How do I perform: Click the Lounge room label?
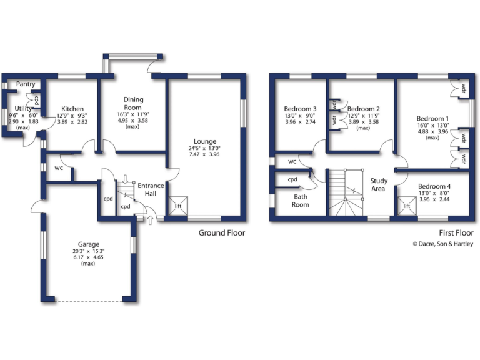[x=205, y=141]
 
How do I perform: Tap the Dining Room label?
[x=133, y=103]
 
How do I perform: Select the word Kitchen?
[x=72, y=109]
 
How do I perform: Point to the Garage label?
[x=89, y=244]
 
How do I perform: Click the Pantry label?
[x=26, y=84]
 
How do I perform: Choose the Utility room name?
[x=22, y=108]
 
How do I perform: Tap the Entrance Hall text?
[x=151, y=189]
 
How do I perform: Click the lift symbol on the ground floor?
[x=179, y=206]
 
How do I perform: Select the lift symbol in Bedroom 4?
[x=407, y=206]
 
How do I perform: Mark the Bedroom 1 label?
[x=432, y=119]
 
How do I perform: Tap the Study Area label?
[x=378, y=184]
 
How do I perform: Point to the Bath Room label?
[x=300, y=201]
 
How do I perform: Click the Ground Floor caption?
[x=222, y=233]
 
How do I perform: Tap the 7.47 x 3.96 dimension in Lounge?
[x=205, y=154]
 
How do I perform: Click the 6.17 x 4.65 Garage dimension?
[x=89, y=257]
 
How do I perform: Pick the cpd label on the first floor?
[x=292, y=179]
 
